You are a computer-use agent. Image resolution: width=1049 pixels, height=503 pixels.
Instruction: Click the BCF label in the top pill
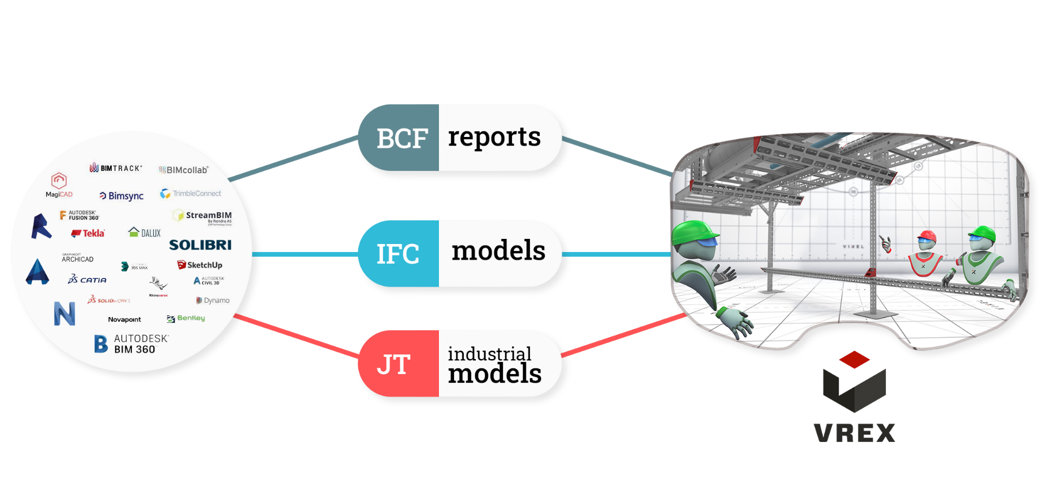[402, 139]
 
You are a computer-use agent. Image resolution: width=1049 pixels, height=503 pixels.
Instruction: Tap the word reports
[494, 137]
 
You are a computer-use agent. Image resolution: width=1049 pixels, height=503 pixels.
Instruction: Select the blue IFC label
[397, 254]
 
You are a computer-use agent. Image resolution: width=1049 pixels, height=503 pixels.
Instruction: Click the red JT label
[394, 364]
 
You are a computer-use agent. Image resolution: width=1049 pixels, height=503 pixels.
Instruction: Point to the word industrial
[489, 353]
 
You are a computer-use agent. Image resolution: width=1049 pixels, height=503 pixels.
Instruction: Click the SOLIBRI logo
[200, 245]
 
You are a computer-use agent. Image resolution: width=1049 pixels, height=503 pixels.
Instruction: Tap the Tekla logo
[88, 233]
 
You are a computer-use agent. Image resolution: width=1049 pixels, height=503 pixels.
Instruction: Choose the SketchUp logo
[200, 265]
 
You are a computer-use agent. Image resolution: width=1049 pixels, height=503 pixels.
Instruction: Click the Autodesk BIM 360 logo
[131, 344]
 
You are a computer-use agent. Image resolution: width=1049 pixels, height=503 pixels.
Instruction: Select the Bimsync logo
[122, 196]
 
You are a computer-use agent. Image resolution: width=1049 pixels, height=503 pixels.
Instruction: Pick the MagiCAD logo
[59, 185]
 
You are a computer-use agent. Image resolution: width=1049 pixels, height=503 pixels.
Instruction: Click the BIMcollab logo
[184, 170]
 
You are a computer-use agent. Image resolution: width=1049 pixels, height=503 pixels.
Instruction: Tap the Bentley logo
[185, 318]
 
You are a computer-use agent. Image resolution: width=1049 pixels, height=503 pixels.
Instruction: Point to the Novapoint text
[124, 319]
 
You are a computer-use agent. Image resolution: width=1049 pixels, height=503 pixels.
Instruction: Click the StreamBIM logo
[203, 216]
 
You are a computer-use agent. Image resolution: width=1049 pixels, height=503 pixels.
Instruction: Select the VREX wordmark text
[854, 433]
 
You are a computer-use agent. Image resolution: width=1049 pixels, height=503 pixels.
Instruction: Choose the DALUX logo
[145, 233]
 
